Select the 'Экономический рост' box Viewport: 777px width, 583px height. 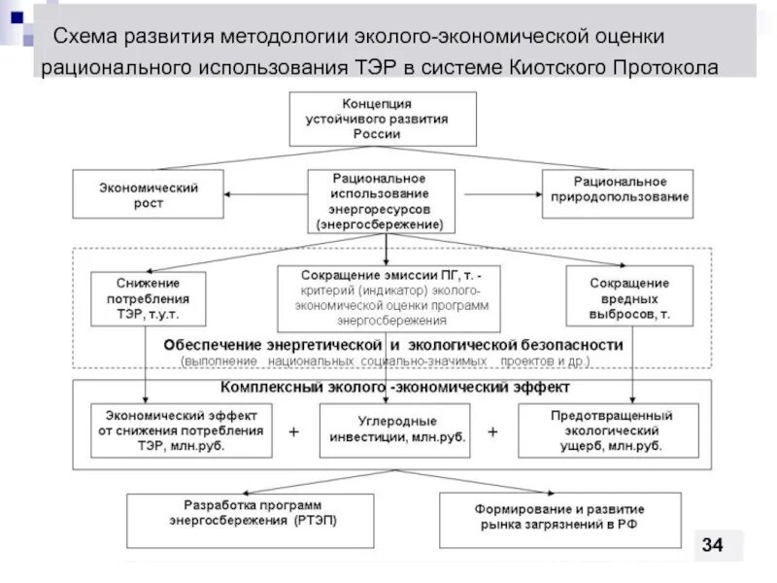[x=149, y=194]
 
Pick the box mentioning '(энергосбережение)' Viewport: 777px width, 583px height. [x=380, y=202]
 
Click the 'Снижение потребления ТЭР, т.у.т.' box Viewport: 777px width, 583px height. [x=148, y=298]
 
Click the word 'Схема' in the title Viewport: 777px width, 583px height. [x=85, y=36]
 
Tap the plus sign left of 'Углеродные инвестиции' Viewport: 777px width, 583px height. [x=293, y=429]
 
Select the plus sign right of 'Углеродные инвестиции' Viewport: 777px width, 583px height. [x=492, y=429]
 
